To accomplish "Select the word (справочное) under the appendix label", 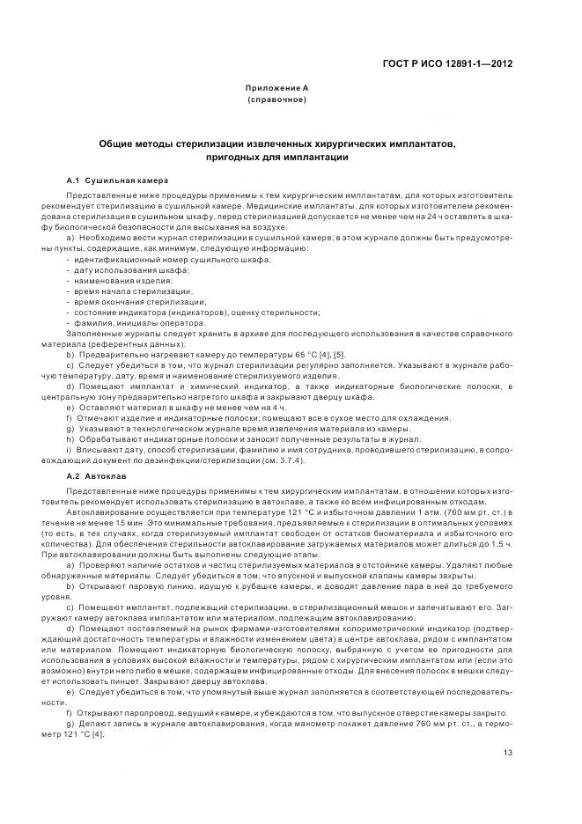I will click(x=276, y=100).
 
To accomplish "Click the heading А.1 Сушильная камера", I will click(x=117, y=180).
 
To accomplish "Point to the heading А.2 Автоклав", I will click(x=99, y=475).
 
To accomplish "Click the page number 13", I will click(x=508, y=753).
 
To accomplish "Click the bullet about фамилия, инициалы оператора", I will click(x=130, y=323).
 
